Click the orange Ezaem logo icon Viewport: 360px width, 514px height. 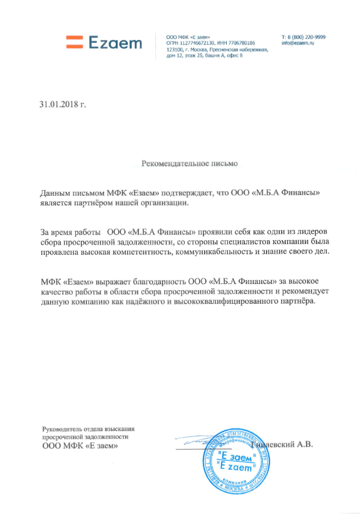click(x=74, y=41)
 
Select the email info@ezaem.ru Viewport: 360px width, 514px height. click(x=298, y=43)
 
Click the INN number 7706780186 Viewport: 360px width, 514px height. click(x=242, y=43)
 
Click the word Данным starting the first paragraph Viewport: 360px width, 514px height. click(x=55, y=193)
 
